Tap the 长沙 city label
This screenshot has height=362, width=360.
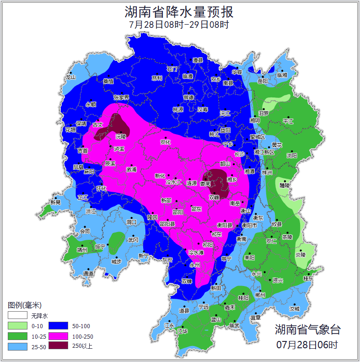pos(240,154)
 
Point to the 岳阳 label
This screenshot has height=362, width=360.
pos(263,81)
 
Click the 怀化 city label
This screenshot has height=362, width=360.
pos(101,189)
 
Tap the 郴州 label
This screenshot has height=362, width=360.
pos(260,295)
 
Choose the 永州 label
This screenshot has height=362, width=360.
pos(195,265)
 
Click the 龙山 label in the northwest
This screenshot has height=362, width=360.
pos(70,77)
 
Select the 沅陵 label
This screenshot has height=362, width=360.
pos(120,136)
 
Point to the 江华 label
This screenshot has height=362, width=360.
pos(182,331)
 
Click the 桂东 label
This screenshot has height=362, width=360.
pos(309,278)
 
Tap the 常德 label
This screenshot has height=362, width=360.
pos(188,97)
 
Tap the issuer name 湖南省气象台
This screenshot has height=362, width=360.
pos(307,329)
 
